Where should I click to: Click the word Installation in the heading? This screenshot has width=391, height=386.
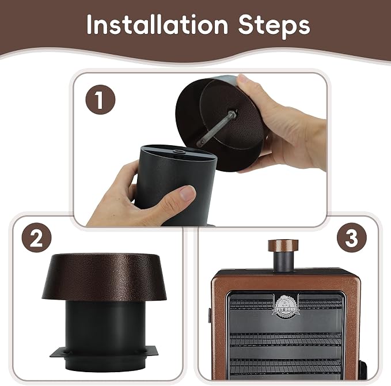pos(157,24)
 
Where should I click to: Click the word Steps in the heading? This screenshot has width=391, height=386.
pos(274,26)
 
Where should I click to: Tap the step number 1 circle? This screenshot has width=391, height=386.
pos(100,100)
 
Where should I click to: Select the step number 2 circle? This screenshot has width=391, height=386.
pos(36,237)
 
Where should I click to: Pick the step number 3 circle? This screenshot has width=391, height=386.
pos(352,237)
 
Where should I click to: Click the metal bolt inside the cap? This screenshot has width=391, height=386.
pos(217,128)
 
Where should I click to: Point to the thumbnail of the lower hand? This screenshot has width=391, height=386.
pos(188,192)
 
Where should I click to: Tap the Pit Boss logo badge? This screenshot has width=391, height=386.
pos(286,306)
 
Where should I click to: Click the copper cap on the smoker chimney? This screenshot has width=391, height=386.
pos(283,245)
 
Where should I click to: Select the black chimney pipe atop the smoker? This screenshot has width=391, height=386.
pos(283,262)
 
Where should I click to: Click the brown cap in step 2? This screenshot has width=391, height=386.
pos(104,277)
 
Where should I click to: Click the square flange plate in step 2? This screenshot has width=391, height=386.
pos(104,352)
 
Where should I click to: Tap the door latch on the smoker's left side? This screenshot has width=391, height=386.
pos(210,315)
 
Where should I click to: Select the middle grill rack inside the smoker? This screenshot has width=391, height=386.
pos(286,340)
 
